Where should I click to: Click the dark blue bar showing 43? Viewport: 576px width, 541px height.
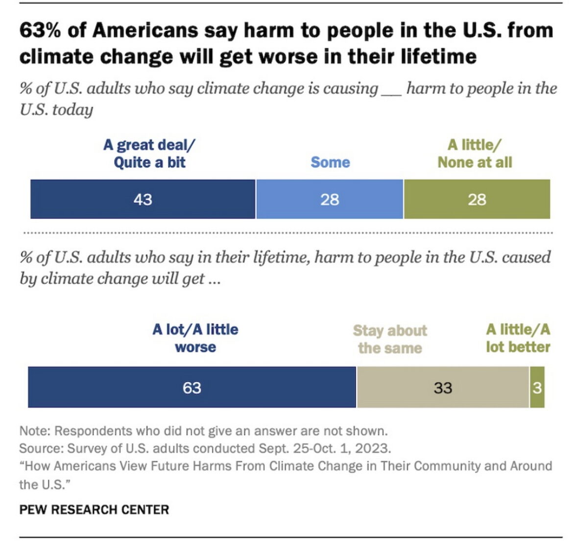[x=143, y=199]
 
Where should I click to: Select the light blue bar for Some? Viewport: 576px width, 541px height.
[x=330, y=199]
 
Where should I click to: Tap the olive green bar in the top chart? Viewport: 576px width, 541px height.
[x=477, y=199]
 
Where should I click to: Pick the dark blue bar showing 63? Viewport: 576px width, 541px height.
[x=192, y=387]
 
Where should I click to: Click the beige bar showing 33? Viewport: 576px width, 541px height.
[x=443, y=387]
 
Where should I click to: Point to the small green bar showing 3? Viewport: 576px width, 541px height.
[x=537, y=387]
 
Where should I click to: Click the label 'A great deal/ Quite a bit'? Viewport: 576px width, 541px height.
[x=149, y=153]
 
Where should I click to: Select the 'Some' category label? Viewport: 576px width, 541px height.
[x=330, y=162]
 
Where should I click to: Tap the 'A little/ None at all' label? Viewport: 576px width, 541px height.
[x=475, y=153]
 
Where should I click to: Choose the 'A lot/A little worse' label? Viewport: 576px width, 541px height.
[x=195, y=338]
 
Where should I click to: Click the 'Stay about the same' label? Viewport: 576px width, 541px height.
[x=390, y=339]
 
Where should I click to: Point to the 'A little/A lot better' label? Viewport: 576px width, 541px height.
[x=518, y=338]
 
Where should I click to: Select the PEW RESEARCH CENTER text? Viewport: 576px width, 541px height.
[x=94, y=509]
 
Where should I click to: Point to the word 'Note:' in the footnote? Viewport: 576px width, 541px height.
[x=35, y=431]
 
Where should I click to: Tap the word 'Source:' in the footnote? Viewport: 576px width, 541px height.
[x=41, y=448]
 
